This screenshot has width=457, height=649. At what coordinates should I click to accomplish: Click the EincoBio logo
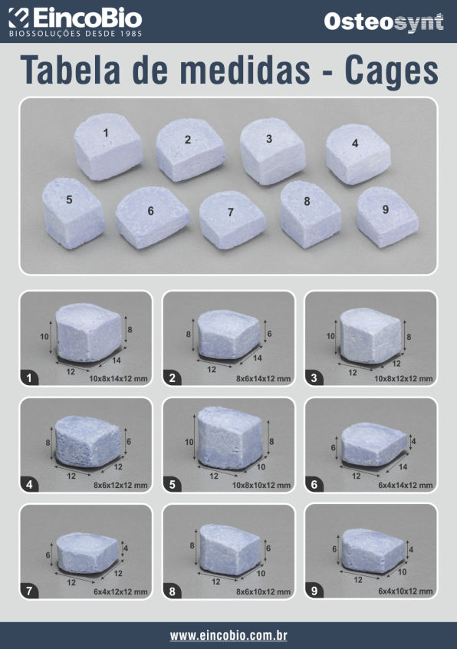click(75, 22)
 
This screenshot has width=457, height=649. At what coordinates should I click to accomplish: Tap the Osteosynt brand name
click(384, 22)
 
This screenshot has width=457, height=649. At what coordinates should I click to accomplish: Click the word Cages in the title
click(391, 70)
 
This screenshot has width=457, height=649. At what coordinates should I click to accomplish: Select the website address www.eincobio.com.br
click(228, 635)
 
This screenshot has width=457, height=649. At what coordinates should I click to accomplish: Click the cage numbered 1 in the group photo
click(108, 147)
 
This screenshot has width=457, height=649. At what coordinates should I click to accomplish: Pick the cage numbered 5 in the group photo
click(73, 212)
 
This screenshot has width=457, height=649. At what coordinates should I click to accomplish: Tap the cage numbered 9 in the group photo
click(387, 217)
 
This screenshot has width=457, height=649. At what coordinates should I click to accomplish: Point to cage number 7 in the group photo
click(232, 219)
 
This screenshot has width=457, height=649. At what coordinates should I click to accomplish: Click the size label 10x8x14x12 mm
click(118, 378)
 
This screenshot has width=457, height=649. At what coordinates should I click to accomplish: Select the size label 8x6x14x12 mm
click(263, 378)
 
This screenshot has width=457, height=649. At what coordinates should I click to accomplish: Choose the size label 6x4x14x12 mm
click(406, 485)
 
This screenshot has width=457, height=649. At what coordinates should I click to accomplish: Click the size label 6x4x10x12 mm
click(406, 591)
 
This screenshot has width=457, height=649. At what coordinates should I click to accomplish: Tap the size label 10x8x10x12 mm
click(261, 485)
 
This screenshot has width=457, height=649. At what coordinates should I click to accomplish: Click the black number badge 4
click(29, 484)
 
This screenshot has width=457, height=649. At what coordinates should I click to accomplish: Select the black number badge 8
click(172, 591)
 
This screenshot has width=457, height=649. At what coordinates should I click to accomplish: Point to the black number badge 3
click(314, 378)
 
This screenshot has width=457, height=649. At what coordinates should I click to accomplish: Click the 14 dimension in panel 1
click(117, 360)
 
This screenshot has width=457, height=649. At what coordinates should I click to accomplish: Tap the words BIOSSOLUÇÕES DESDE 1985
click(76, 34)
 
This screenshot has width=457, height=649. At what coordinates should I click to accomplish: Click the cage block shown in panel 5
click(229, 438)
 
